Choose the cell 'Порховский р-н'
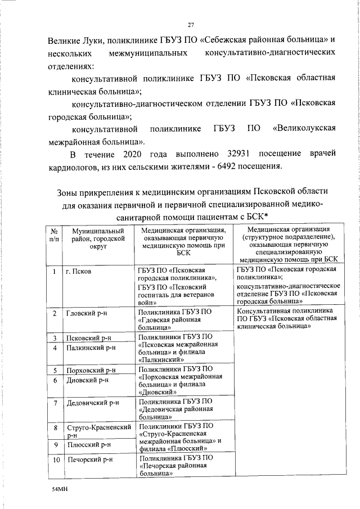[x=91, y=371]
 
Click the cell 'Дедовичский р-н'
[x=92, y=403]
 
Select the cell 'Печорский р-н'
[x=89, y=460]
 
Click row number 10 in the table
[x=55, y=460]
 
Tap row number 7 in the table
[x=55, y=403]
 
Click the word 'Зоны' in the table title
[x=70, y=191]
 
